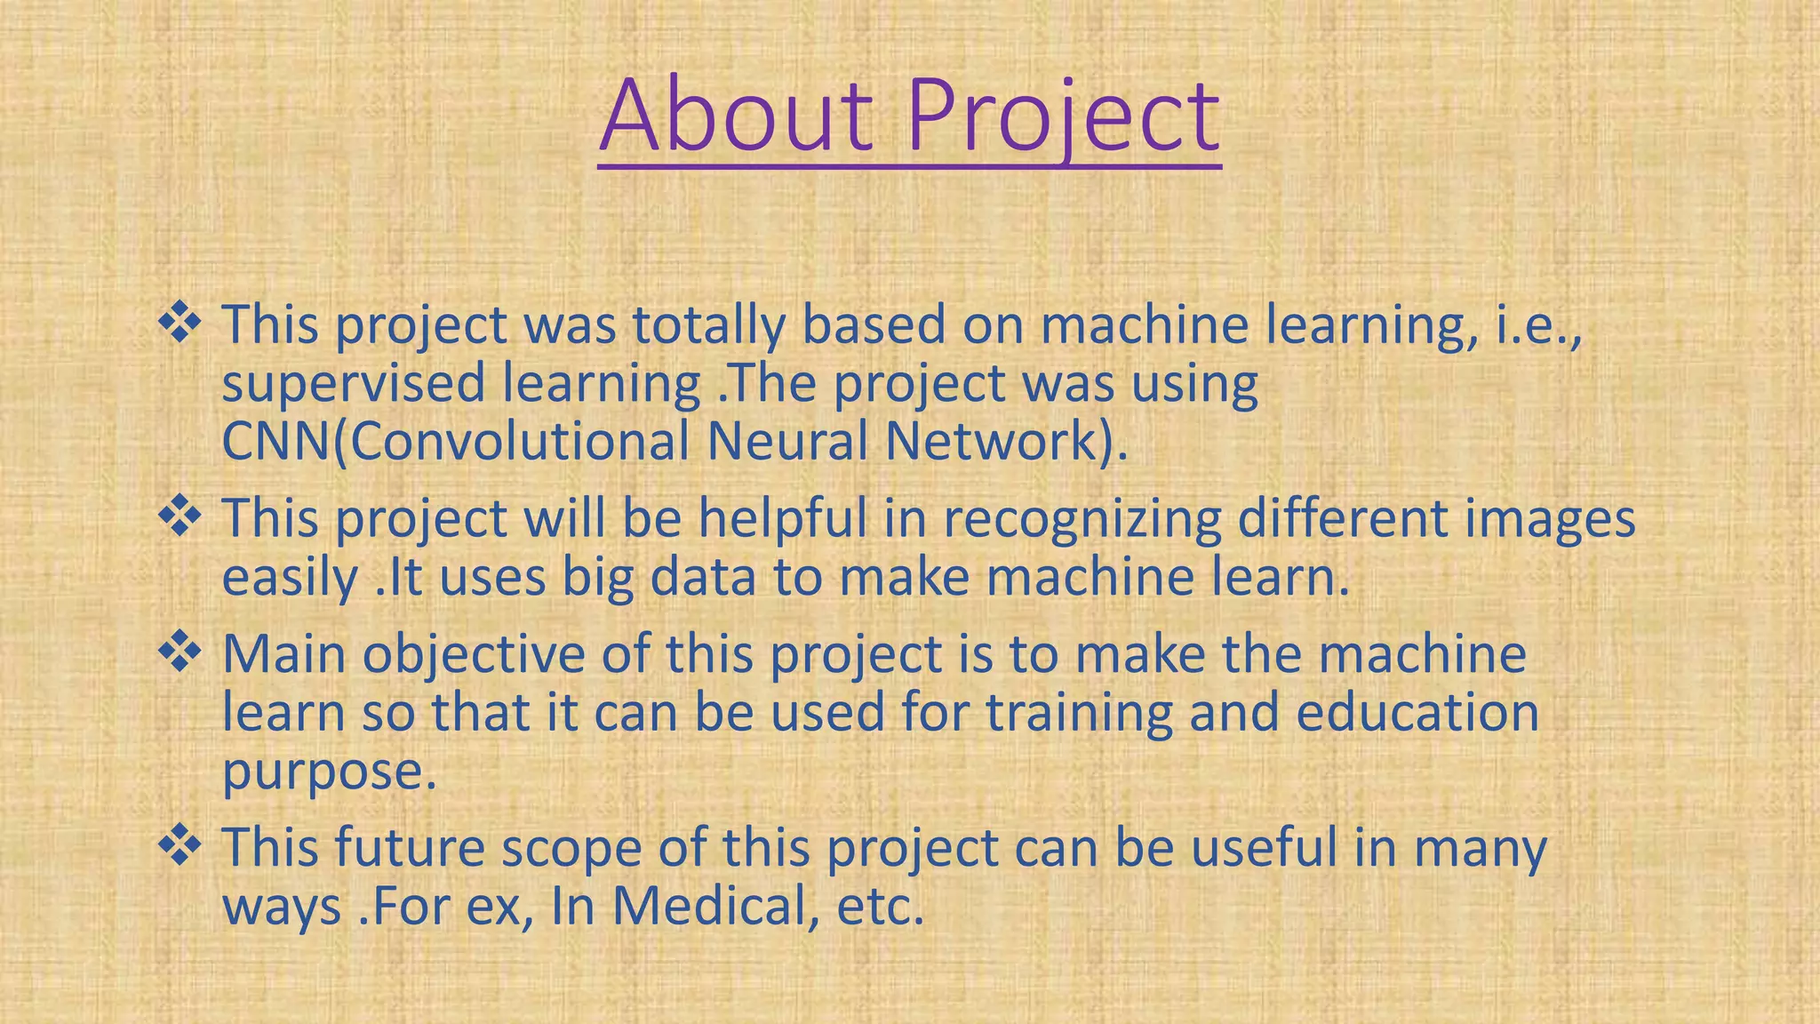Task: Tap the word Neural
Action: (786, 442)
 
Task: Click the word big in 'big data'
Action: (597, 579)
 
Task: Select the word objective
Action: (474, 655)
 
